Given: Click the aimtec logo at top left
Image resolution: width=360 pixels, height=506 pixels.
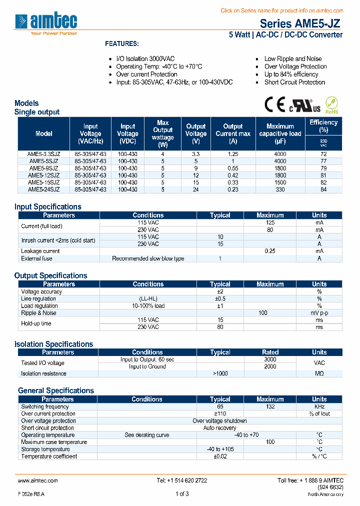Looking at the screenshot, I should (x=46, y=23).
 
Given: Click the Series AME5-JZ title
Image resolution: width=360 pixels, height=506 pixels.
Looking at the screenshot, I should (x=301, y=23).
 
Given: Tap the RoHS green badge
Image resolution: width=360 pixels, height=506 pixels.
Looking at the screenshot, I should (x=332, y=105).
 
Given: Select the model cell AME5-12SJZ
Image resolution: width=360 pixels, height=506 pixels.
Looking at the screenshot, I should (x=43, y=175).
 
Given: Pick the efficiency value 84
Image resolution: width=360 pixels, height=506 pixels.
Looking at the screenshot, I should (x=323, y=189).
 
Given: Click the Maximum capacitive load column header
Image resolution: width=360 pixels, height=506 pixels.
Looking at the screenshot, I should (x=280, y=133).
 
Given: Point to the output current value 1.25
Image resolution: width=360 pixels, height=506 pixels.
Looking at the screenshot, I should (x=232, y=154).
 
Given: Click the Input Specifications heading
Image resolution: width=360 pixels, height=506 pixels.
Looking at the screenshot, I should (x=47, y=206).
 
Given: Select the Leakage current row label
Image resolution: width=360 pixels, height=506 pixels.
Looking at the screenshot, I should (x=40, y=251).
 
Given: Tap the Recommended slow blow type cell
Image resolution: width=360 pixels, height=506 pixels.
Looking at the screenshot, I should (x=148, y=258).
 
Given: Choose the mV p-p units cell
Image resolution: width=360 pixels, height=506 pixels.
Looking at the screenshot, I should (x=319, y=313).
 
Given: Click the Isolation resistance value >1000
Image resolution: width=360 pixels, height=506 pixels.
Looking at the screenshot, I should (x=220, y=373).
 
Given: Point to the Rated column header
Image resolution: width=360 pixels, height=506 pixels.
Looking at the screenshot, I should (x=270, y=352).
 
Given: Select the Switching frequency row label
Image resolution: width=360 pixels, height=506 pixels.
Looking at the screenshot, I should (x=45, y=406).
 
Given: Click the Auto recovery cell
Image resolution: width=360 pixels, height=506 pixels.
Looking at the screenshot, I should (x=220, y=428).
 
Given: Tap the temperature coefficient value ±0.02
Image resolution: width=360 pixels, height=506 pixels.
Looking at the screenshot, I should (x=220, y=456).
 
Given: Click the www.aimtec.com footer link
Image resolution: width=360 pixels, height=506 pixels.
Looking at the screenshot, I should (x=38, y=480).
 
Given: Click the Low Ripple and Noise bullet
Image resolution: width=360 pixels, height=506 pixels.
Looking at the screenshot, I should (x=293, y=59).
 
